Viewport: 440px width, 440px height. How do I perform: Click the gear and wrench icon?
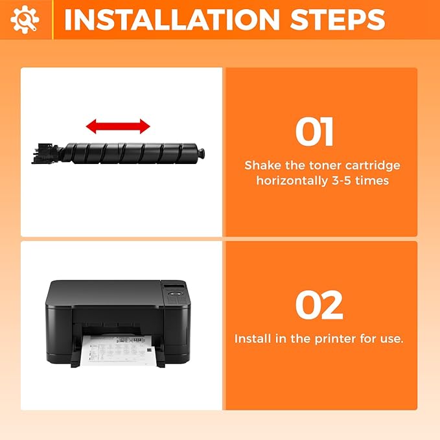click(25, 19)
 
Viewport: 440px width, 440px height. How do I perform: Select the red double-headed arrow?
click(119, 126)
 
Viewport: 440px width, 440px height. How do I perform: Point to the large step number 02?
click(319, 306)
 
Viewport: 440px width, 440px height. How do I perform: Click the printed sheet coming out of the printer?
click(120, 351)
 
